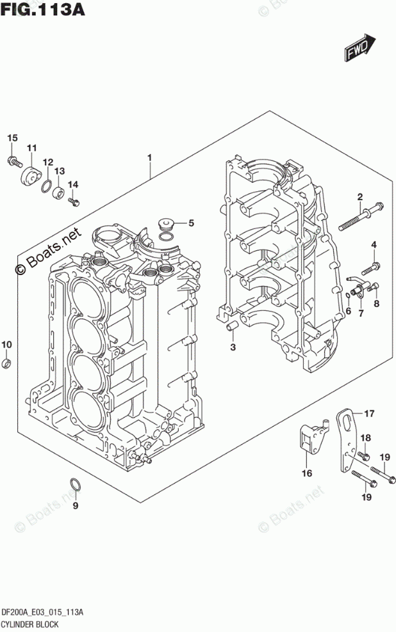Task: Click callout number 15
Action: (12, 139)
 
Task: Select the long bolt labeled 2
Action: (362, 216)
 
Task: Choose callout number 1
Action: (149, 157)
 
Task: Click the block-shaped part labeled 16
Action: (308, 440)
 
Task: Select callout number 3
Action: (233, 347)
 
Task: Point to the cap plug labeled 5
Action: (166, 224)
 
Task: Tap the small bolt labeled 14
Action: (72, 202)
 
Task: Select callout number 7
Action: (361, 313)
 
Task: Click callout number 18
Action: (365, 438)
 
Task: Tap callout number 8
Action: (377, 303)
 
